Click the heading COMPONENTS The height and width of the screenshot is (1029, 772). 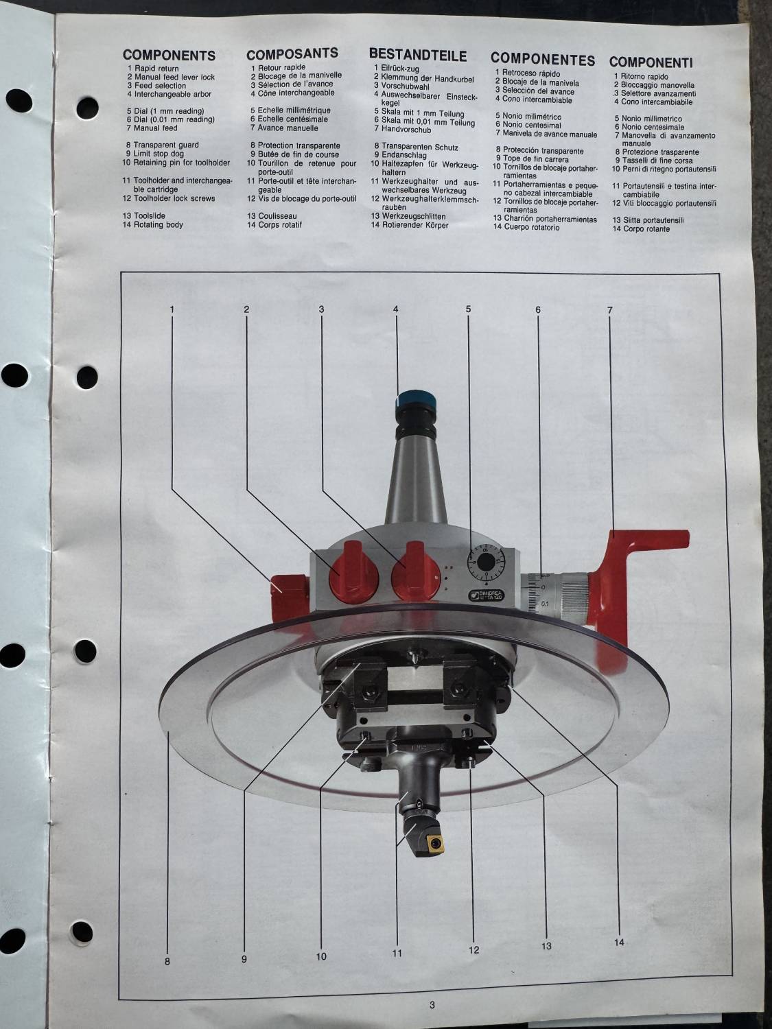[x=169, y=56]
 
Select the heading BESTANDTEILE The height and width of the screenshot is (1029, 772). [x=418, y=55]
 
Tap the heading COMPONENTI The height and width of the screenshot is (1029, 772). [x=651, y=62]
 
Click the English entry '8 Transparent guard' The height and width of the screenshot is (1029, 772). [x=162, y=145]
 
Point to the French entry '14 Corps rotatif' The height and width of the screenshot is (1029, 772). [x=274, y=224]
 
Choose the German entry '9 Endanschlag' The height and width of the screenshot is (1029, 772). [x=400, y=155]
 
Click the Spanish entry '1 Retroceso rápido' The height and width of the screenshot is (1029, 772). [x=528, y=73]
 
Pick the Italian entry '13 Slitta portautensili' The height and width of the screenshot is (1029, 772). [x=648, y=220]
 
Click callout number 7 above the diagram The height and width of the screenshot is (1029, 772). [x=609, y=310]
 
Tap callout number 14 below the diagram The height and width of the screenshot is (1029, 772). [x=619, y=929]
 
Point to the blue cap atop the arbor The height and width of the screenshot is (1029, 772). [x=417, y=401]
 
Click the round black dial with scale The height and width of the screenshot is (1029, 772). [x=486, y=562]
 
